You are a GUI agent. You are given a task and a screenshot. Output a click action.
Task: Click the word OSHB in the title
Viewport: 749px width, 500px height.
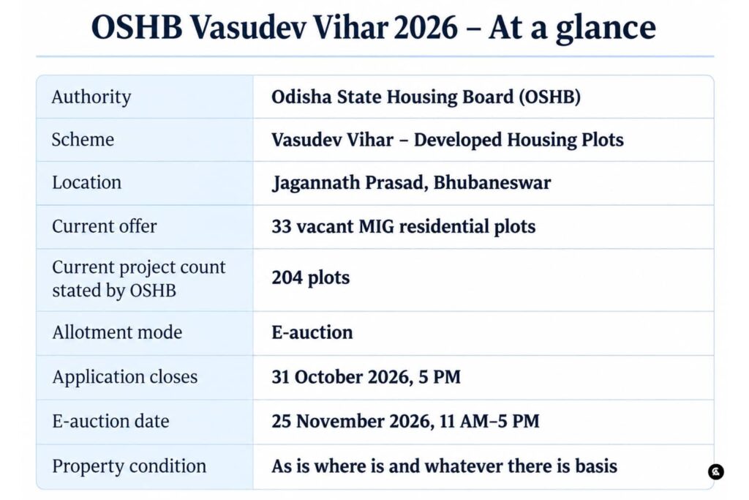pyautogui.click(x=137, y=27)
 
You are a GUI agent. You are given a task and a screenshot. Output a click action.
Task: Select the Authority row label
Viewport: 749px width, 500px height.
pyautogui.click(x=91, y=97)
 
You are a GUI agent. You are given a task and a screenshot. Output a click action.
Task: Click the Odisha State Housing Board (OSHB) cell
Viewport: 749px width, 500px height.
pyautogui.click(x=426, y=97)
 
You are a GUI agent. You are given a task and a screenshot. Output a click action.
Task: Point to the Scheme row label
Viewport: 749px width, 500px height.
pyautogui.click(x=83, y=140)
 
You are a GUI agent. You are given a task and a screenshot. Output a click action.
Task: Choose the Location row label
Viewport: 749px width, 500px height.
pyautogui.click(x=87, y=182)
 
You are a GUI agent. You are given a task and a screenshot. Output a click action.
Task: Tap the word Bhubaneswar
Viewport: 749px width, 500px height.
pyautogui.click(x=492, y=182)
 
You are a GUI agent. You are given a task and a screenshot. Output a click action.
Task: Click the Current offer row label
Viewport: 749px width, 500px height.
pyautogui.click(x=104, y=226)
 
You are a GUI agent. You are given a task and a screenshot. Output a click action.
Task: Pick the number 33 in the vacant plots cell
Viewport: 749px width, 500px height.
pyautogui.click(x=282, y=226)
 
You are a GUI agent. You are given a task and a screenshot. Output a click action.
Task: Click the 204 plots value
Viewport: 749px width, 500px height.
pyautogui.click(x=311, y=277)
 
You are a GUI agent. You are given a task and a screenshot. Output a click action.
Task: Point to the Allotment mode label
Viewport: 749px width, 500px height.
pyautogui.click(x=117, y=332)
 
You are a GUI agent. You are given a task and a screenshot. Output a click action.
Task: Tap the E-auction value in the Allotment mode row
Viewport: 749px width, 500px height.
pyautogui.click(x=312, y=332)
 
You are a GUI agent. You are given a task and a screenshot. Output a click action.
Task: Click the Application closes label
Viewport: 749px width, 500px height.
pyautogui.click(x=124, y=377)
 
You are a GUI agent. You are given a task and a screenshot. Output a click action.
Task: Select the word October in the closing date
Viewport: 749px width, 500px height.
pyautogui.click(x=325, y=377)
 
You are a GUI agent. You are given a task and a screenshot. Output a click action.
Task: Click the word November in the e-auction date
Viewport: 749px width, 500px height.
pyautogui.click(x=340, y=421)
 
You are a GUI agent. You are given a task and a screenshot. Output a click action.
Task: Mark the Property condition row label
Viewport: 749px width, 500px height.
pyautogui.click(x=129, y=466)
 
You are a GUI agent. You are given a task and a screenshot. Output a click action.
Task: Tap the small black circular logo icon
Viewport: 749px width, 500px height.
pyautogui.click(x=715, y=471)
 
